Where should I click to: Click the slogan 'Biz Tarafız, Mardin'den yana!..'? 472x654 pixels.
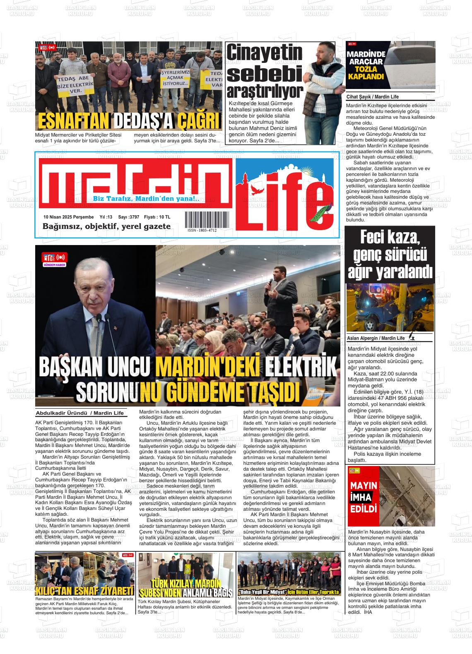(146, 199)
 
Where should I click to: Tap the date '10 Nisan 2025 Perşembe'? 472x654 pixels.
(69, 217)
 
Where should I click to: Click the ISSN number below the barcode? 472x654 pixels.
(202, 231)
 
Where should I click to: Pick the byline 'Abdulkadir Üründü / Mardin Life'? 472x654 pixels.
(80, 413)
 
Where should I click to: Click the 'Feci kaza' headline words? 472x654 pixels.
(390, 238)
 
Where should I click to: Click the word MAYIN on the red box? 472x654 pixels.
(364, 485)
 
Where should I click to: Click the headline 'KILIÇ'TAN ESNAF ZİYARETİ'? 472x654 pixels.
(84, 590)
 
